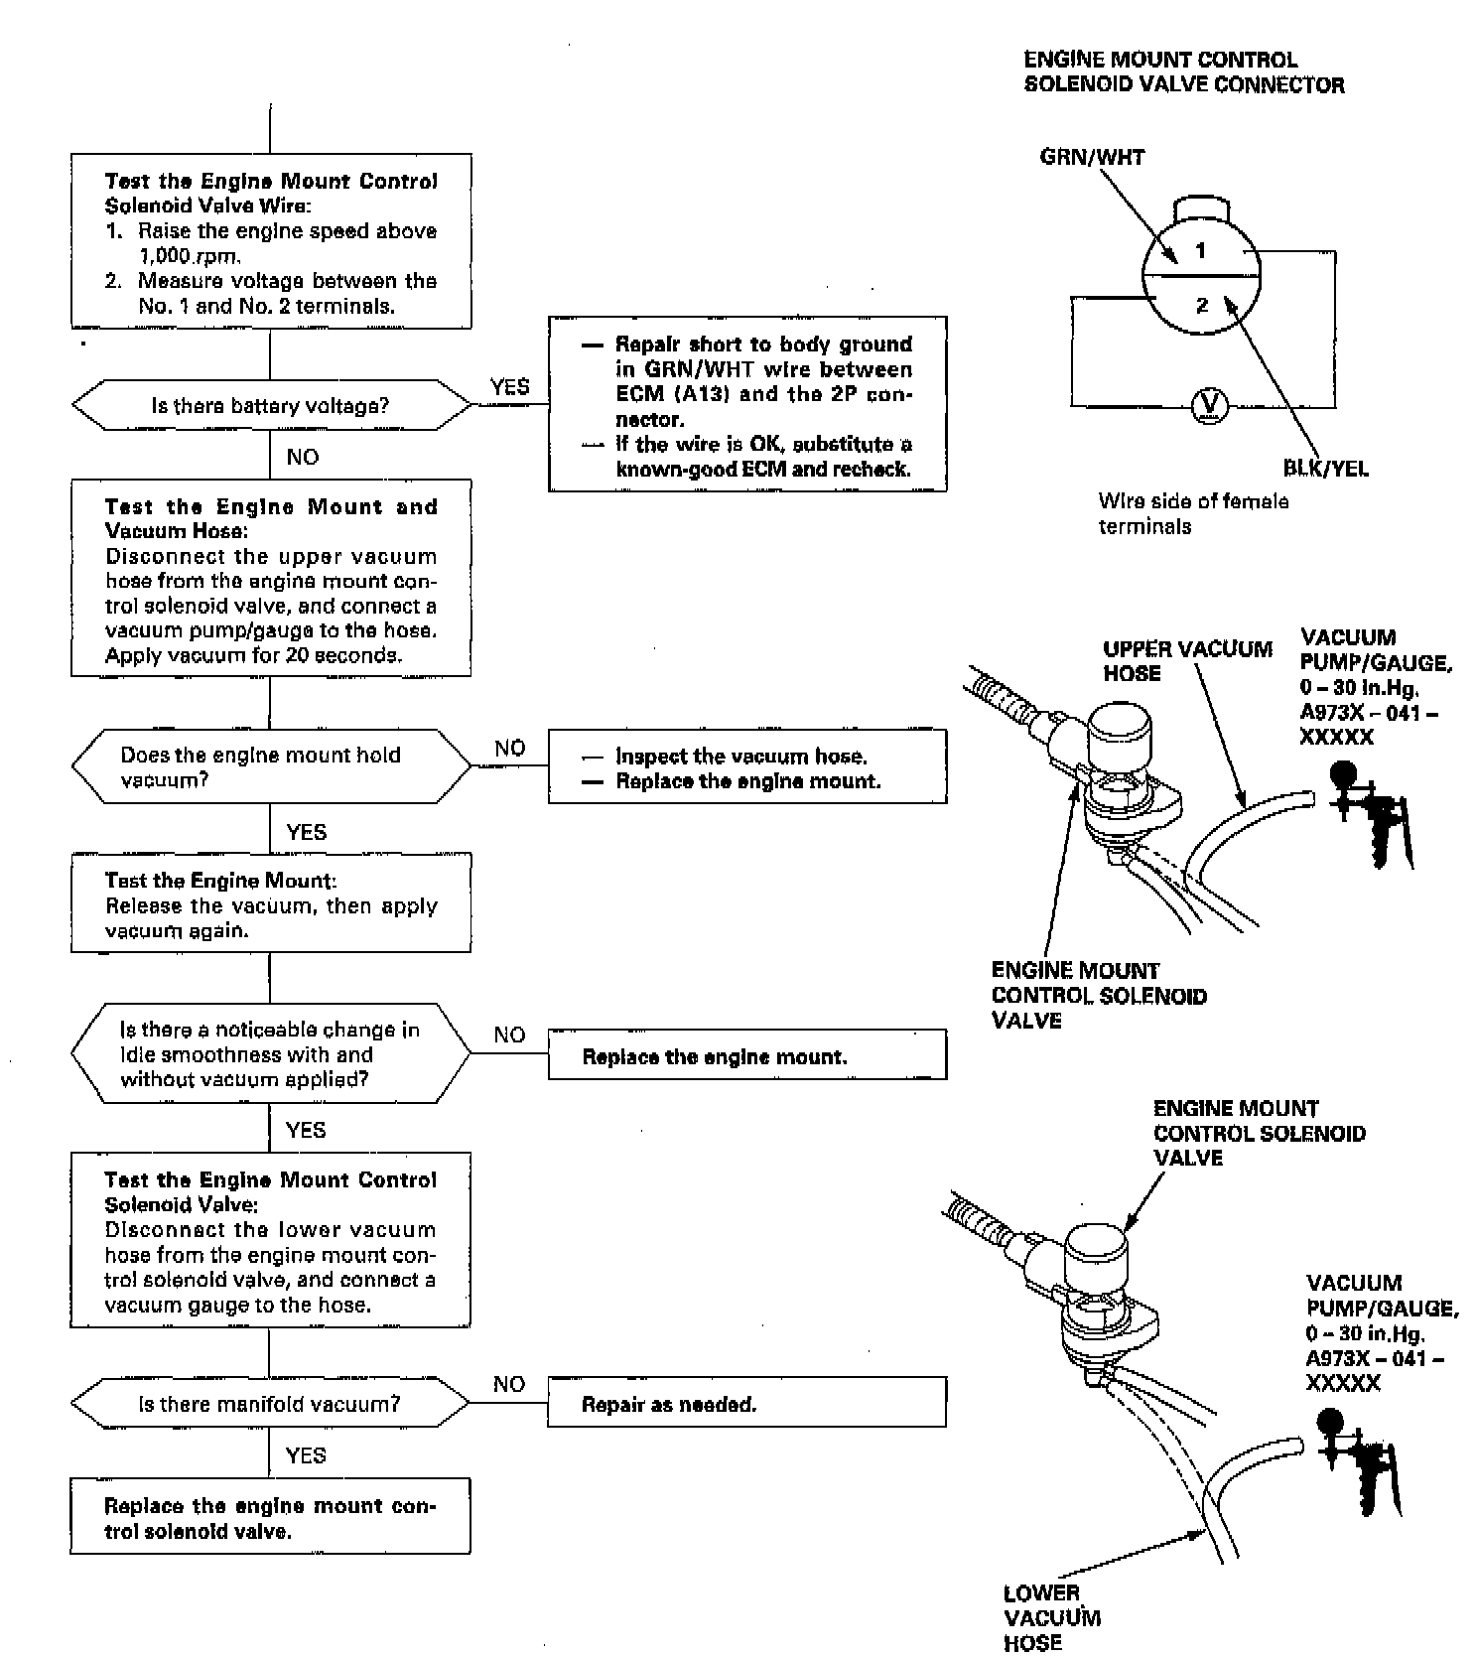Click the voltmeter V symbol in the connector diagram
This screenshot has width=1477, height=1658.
1209,404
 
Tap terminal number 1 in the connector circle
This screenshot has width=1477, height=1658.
1200,250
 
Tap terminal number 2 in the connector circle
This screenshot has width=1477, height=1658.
1202,305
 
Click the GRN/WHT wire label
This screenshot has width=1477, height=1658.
1092,157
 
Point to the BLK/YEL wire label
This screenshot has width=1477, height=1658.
1325,469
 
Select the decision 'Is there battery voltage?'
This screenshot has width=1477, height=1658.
270,405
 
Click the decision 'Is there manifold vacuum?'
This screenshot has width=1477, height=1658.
270,1404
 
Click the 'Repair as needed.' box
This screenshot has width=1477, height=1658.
747,1404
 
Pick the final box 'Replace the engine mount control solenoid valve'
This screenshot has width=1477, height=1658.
270,1517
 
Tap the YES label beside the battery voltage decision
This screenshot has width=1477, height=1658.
509,387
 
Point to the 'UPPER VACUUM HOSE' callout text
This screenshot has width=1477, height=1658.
1187,661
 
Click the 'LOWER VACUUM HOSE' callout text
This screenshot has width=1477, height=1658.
1052,1617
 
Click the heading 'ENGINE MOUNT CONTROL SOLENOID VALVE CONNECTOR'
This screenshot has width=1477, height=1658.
1184,72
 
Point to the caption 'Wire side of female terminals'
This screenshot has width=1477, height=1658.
1193,513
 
